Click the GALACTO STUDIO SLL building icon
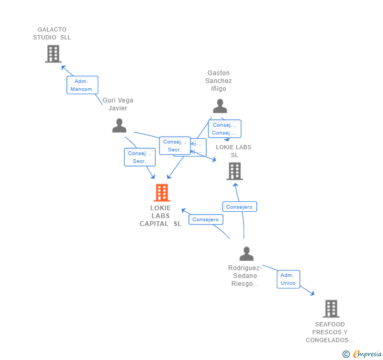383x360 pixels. pos(53,54)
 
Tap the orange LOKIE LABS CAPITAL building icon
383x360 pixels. pos(162,193)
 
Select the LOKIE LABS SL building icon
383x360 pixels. pos(235,171)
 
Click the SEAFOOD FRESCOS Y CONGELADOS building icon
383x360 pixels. pos(331,308)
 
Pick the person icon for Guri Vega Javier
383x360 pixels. pos(119,126)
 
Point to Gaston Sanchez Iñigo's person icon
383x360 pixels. pos(219,106)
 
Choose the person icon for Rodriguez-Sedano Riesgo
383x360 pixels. pos(246,254)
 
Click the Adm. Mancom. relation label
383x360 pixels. pos(82,85)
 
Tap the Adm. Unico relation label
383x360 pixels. pos(288,279)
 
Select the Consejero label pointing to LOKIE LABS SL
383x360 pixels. pos(239,207)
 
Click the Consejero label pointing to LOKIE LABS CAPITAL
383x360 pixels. pos(205,220)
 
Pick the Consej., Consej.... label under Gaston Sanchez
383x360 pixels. pos(225,129)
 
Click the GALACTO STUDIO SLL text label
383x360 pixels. pos(52,34)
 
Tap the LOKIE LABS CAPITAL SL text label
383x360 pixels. pos(160,215)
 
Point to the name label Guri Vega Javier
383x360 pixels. pos(118,104)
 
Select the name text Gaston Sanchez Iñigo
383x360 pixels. pos(218,81)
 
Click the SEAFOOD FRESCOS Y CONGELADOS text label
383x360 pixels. pos(330,332)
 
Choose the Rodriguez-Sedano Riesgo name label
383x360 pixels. pos(245,276)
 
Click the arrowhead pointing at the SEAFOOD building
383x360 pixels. pos(313,293)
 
